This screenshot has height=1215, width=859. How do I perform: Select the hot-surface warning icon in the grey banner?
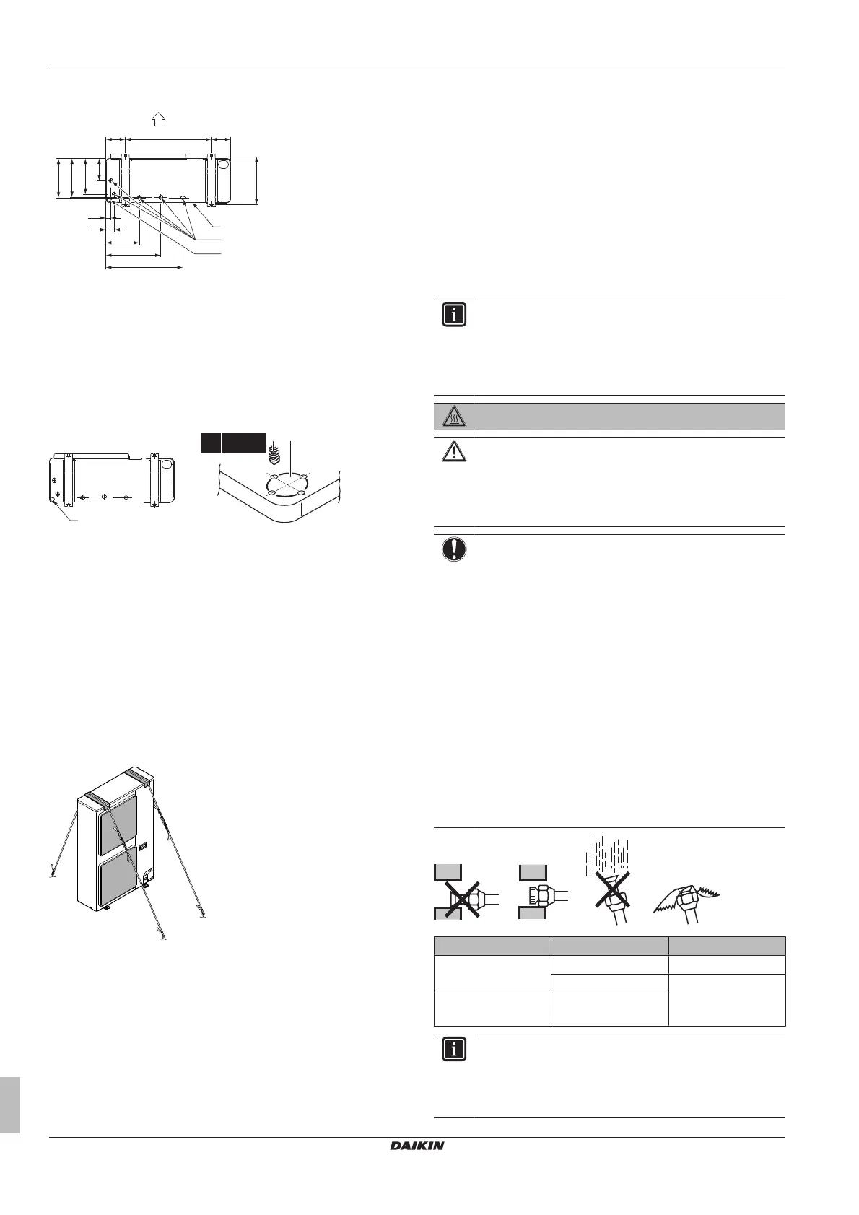point(453,416)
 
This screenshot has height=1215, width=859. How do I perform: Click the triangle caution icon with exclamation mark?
point(453,453)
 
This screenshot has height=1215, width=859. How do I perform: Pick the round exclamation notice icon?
point(453,550)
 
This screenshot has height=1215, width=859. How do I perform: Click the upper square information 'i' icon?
point(453,316)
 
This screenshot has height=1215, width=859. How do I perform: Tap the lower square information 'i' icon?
point(453,1049)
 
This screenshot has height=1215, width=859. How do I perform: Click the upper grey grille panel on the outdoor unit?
point(120,825)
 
